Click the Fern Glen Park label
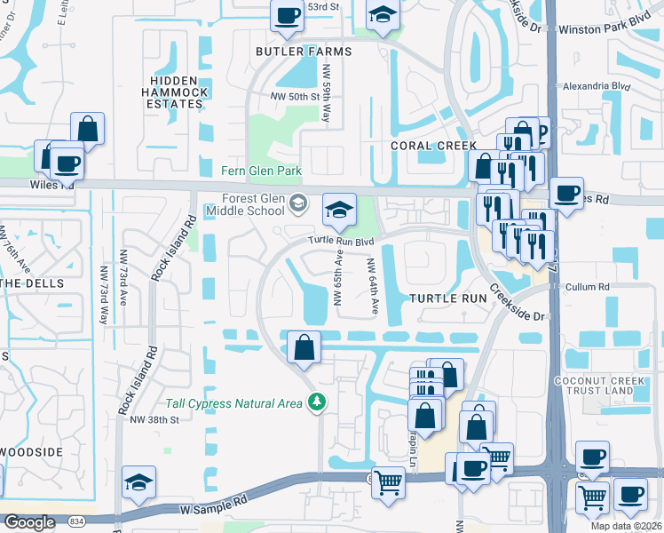[262, 171]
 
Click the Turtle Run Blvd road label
[341, 240]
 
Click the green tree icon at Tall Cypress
[316, 403]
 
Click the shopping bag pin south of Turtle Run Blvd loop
[304, 347]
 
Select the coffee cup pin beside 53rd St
[287, 17]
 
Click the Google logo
[29, 522]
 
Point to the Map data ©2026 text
[626, 526]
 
